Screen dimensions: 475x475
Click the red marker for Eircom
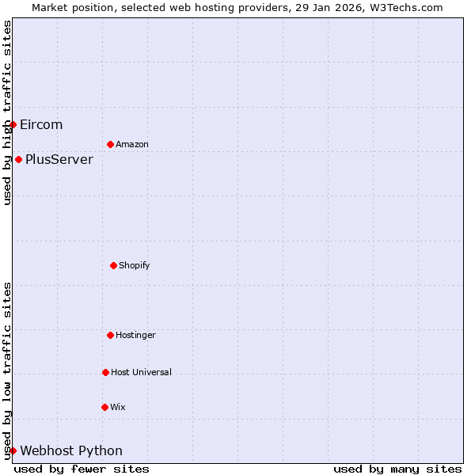click(x=13, y=124)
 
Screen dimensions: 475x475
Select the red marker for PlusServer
click(x=18, y=159)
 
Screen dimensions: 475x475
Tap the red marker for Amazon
click(x=110, y=144)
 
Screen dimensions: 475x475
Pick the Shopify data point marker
click(x=113, y=265)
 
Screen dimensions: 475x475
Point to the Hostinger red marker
click(x=110, y=335)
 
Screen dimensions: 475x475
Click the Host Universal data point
click(x=105, y=372)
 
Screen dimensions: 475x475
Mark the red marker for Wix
click(x=104, y=407)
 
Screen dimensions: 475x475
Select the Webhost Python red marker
click(x=13, y=450)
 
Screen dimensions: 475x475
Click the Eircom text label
click(x=41, y=124)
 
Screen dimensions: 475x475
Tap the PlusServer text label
click(x=59, y=159)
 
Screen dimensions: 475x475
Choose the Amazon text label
click(x=132, y=144)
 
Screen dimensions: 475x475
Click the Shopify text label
click(x=135, y=265)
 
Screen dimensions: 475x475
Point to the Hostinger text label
click(x=135, y=335)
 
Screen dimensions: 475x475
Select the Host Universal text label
click(x=141, y=372)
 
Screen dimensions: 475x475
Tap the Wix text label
click(x=118, y=407)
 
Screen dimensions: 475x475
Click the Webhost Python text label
click(x=71, y=450)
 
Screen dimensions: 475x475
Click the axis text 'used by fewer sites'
click(x=82, y=469)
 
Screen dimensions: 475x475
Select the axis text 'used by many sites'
click(x=397, y=469)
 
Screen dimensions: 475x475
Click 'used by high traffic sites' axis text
click(x=7, y=112)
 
